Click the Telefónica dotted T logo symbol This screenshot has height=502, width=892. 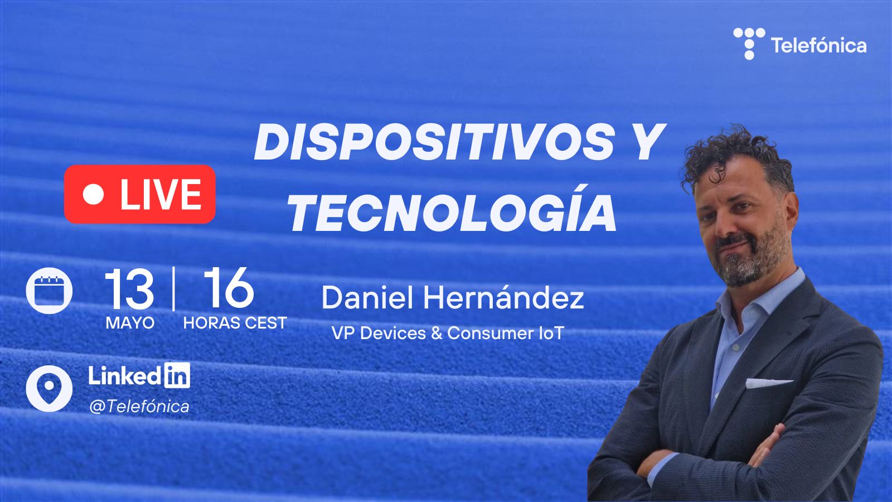pos(749,44)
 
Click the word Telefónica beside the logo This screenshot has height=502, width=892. pos(819,45)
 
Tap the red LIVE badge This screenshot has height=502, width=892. pos(140,194)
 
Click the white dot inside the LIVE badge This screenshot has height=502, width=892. pos(94,194)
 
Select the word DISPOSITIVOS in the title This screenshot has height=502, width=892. pos(435,142)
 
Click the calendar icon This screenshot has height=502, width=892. pos(49,291)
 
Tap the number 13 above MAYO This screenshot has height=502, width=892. pos(129,289)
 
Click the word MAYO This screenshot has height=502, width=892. pos(130,323)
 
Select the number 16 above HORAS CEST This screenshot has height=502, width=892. pos(229,288)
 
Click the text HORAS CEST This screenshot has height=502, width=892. pos(235,323)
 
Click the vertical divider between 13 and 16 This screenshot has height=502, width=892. pos(173,288)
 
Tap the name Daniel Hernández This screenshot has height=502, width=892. pos(452,298)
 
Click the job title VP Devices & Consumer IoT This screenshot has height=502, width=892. pos(448,333)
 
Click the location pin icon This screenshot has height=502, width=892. pos(49,388)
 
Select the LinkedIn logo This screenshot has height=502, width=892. pos(139,375)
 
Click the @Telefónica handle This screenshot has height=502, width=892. pos(139,407)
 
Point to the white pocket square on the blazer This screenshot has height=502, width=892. pos(769,383)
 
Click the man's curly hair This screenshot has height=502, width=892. pos(736,157)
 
